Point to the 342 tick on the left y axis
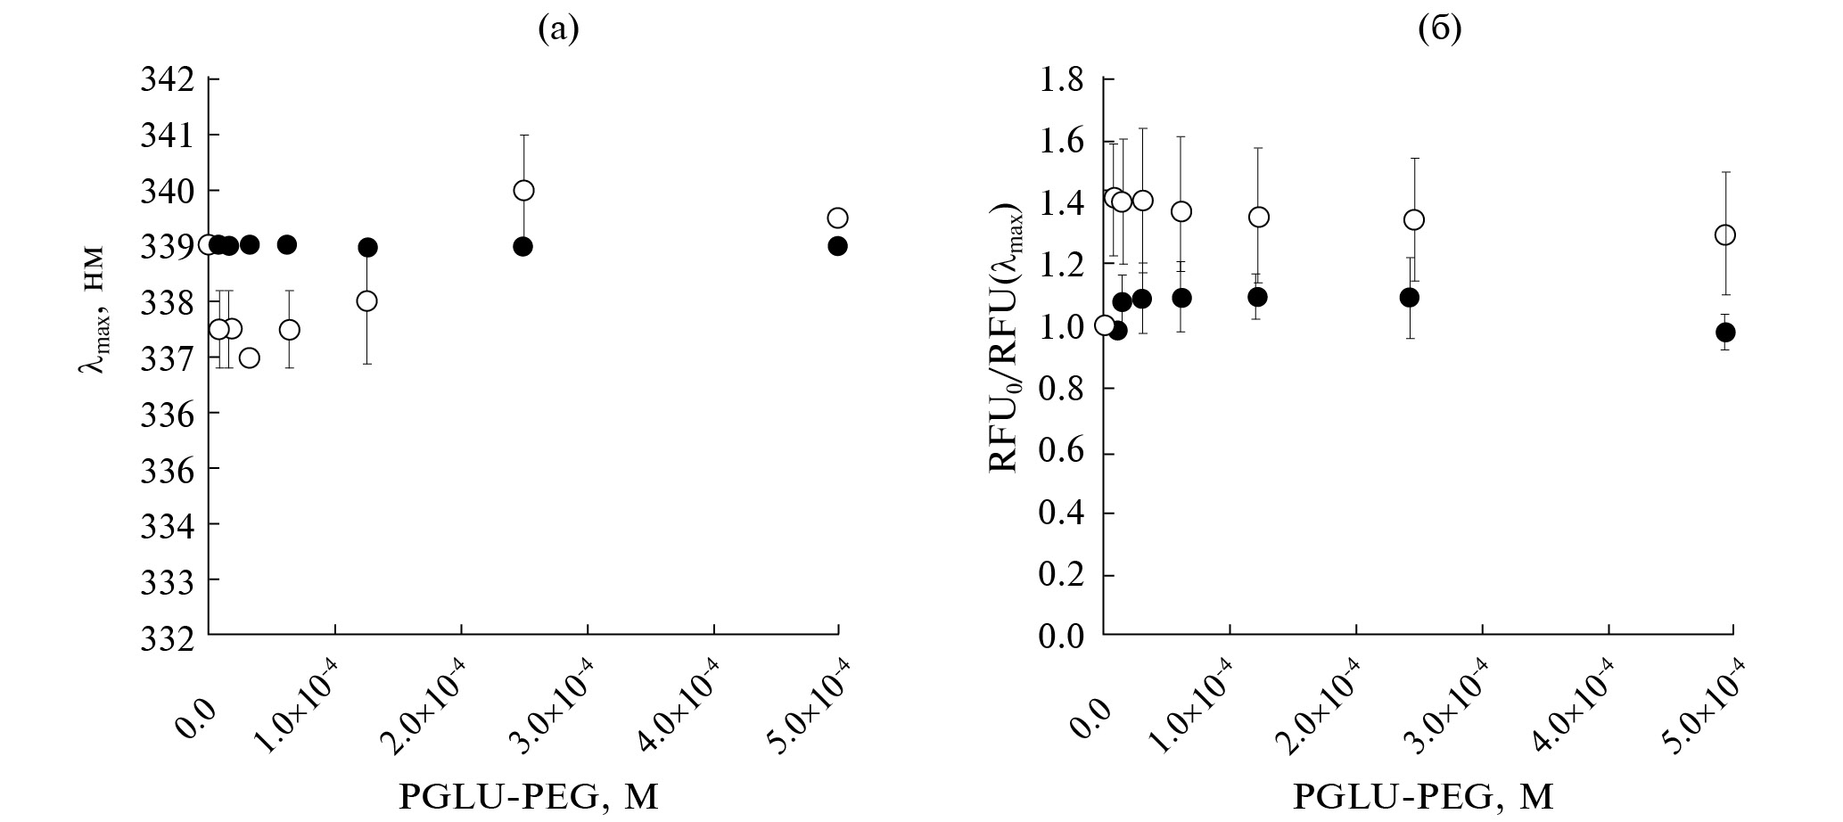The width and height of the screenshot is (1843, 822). [x=169, y=79]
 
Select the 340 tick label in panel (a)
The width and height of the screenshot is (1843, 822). [x=169, y=191]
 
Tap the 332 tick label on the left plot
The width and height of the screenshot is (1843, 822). [x=169, y=636]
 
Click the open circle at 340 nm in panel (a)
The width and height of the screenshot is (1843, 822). [x=523, y=190]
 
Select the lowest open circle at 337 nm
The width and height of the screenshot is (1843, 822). [x=250, y=358]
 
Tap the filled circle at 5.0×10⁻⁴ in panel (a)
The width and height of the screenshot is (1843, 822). [x=837, y=246]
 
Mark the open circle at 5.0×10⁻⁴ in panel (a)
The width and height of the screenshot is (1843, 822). [x=837, y=218]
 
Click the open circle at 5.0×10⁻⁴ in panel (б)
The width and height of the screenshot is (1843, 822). [x=1725, y=234]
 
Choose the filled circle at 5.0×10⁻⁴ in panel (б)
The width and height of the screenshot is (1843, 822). [x=1725, y=332]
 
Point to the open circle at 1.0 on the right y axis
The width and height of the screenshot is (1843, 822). [x=1105, y=325]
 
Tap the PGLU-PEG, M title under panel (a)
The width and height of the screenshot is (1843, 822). [x=529, y=796]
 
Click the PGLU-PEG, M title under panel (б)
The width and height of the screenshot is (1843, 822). [x=1423, y=796]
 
